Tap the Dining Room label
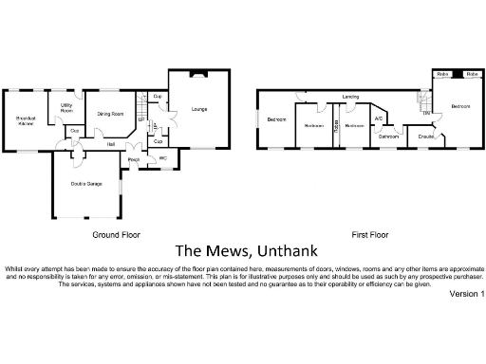(111, 114)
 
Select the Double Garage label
(86, 183)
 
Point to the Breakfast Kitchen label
(25, 120)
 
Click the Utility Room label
(66, 108)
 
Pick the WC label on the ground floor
(162, 158)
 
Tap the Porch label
(133, 160)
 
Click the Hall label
(111, 144)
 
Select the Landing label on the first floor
(350, 97)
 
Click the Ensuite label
(426, 136)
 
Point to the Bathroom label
(389, 136)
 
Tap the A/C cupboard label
(378, 118)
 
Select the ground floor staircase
(142, 102)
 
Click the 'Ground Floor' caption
(116, 234)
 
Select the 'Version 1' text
(466, 295)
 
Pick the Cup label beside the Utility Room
(74, 131)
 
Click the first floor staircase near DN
(424, 100)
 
